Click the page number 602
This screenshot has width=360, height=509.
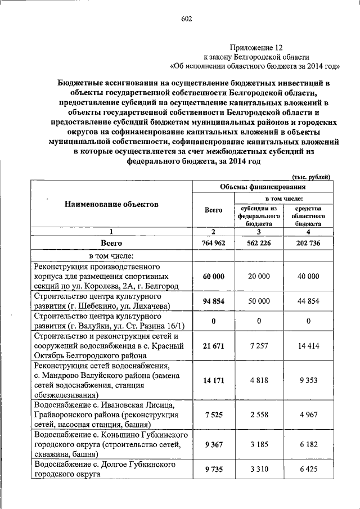pos(187,20)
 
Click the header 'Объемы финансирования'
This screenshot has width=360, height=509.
pos(262,187)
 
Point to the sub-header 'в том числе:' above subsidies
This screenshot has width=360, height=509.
pos(285,199)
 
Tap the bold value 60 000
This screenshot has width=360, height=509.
pos(214,276)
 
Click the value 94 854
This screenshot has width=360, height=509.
pos(214,301)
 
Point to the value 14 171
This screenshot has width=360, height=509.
pos(214,380)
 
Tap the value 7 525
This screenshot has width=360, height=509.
pos(214,415)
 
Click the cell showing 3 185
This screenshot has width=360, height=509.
pos(259,445)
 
